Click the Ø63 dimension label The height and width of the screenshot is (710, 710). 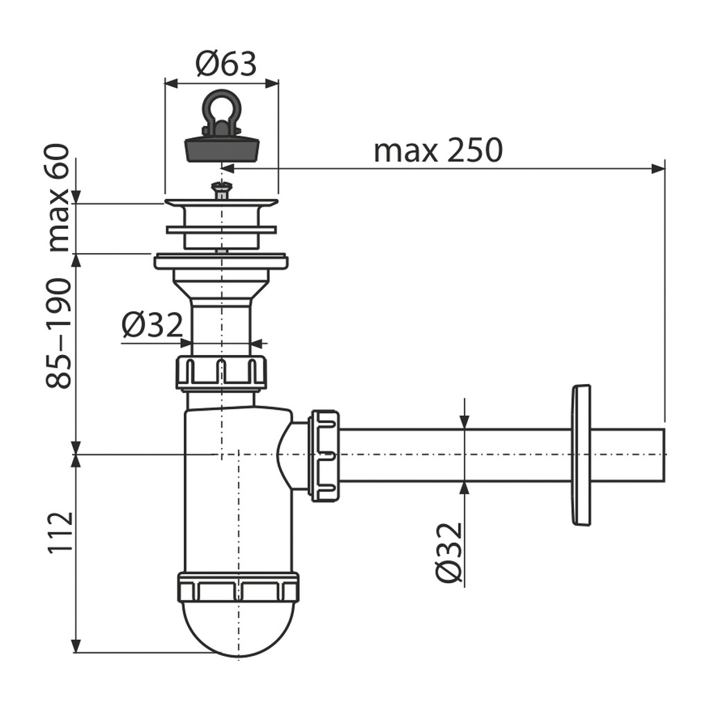(226, 64)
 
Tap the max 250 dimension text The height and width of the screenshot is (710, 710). (438, 150)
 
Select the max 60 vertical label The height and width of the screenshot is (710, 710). (60, 198)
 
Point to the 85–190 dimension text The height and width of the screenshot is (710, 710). (59, 333)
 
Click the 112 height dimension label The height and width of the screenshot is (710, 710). (60, 532)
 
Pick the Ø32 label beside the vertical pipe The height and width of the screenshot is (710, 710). (152, 325)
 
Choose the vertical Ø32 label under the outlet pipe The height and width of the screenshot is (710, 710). (449, 553)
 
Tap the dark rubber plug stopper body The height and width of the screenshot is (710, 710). (222, 149)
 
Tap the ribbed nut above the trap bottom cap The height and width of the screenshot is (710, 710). (239, 588)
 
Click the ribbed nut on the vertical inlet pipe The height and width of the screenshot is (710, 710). (220, 373)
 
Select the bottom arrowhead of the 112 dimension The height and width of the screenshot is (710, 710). (76, 646)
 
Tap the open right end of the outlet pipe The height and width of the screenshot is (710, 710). (664, 455)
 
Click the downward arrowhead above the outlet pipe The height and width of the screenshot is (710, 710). (465, 421)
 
